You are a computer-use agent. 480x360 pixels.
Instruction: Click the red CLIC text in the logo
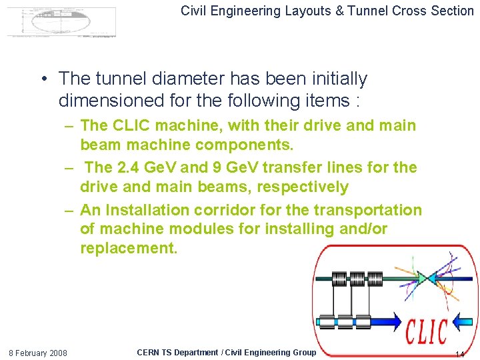coord(427,331)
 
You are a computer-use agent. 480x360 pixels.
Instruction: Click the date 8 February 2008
coord(37,353)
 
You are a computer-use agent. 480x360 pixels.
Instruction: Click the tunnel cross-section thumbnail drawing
coord(61,21)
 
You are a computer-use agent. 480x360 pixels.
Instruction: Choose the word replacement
coord(129,249)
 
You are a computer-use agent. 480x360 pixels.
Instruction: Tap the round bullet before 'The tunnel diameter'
coord(43,79)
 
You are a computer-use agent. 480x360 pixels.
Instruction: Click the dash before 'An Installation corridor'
coord(69,211)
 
